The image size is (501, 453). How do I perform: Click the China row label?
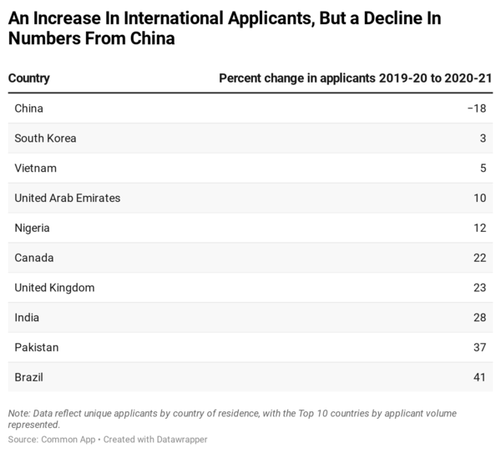[28, 108]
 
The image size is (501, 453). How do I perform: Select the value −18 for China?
[476, 108]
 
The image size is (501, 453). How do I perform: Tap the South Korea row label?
[45, 138]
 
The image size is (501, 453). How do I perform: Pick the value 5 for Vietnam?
[483, 169]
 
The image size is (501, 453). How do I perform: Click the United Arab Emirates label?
[68, 199]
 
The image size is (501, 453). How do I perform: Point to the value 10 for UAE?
[479, 199]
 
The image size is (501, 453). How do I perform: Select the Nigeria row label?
[33, 228]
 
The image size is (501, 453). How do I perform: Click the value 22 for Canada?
[479, 258]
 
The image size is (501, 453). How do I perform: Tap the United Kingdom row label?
[54, 288]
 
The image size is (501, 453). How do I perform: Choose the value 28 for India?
[479, 318]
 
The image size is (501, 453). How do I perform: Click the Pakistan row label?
[37, 347]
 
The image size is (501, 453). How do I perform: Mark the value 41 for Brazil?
[479, 377]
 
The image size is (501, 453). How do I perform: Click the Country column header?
[29, 78]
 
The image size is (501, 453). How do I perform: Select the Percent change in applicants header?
[355, 78]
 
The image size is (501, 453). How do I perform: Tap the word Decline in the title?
[375, 18]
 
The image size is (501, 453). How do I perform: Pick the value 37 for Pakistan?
[479, 347]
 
